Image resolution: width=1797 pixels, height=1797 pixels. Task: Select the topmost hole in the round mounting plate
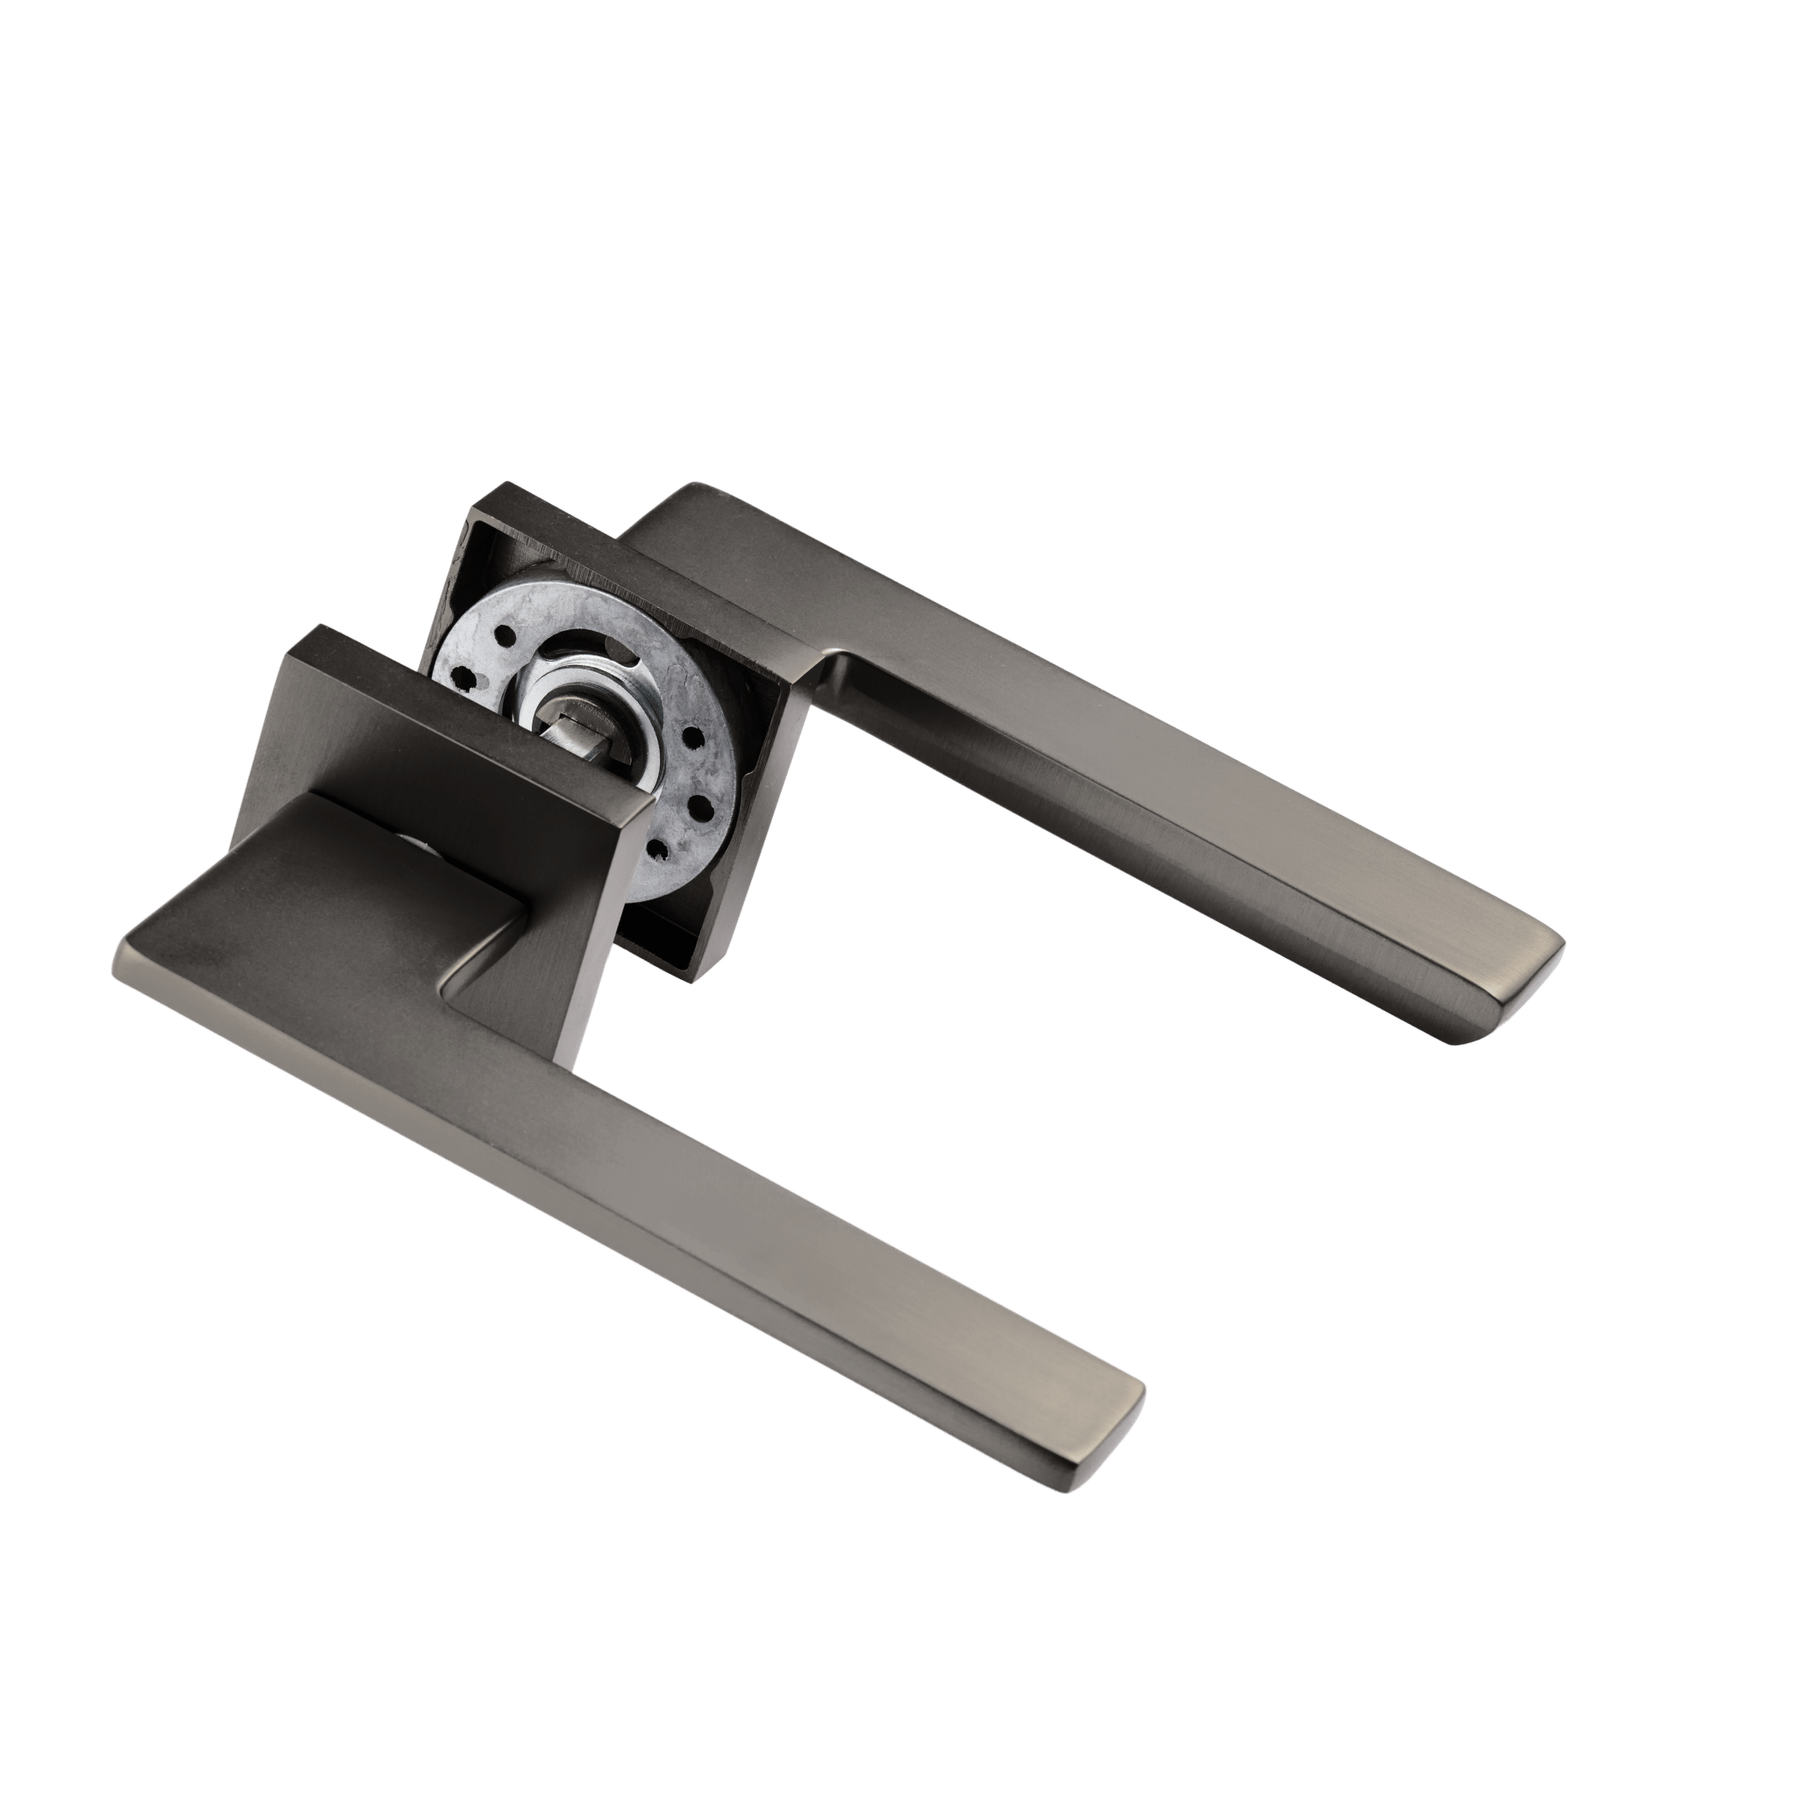505,635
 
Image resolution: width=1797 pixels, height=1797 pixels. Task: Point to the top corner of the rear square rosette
508,483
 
